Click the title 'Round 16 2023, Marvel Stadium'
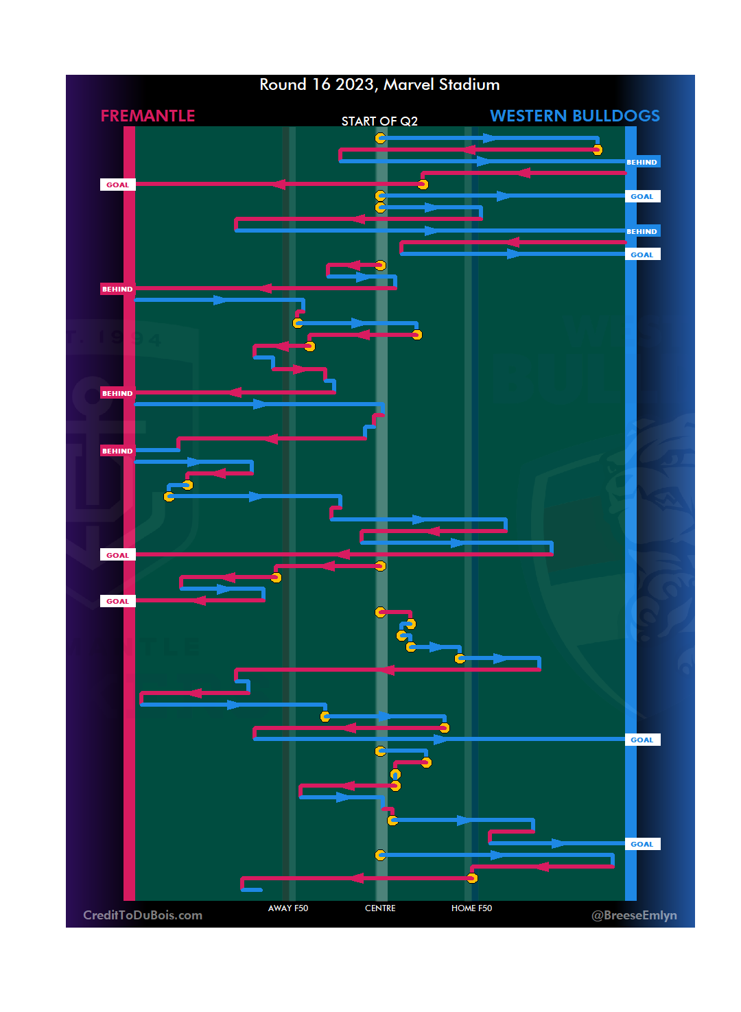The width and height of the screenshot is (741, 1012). [x=379, y=84]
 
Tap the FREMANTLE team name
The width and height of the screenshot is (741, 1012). [x=148, y=116]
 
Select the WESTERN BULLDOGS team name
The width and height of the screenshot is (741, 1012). [x=574, y=116]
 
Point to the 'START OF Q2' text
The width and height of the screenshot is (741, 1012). [x=379, y=121]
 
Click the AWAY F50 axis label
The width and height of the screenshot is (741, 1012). [x=288, y=908]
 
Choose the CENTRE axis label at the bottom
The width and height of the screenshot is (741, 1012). [x=380, y=908]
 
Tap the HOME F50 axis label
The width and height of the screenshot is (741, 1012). [x=471, y=908]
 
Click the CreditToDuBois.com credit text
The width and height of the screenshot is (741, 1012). [x=143, y=915]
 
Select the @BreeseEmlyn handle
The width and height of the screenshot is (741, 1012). [x=634, y=915]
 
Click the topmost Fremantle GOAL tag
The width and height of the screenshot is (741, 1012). [x=117, y=185]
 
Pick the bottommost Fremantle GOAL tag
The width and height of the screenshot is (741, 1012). [x=117, y=601]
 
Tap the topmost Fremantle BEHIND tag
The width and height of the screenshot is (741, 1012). [x=117, y=289]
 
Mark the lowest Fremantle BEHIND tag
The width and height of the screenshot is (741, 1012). [x=117, y=451]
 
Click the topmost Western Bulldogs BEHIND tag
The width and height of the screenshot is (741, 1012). [x=642, y=162]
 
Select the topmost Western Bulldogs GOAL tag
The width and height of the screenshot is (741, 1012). [x=642, y=196]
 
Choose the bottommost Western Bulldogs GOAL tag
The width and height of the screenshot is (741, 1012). [x=642, y=844]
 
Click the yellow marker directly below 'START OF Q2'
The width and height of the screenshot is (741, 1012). [x=380, y=139]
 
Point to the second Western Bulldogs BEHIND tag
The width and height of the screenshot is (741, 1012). [x=642, y=231]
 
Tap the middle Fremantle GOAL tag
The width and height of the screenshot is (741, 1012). [x=117, y=555]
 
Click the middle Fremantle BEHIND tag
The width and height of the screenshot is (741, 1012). [x=117, y=393]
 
